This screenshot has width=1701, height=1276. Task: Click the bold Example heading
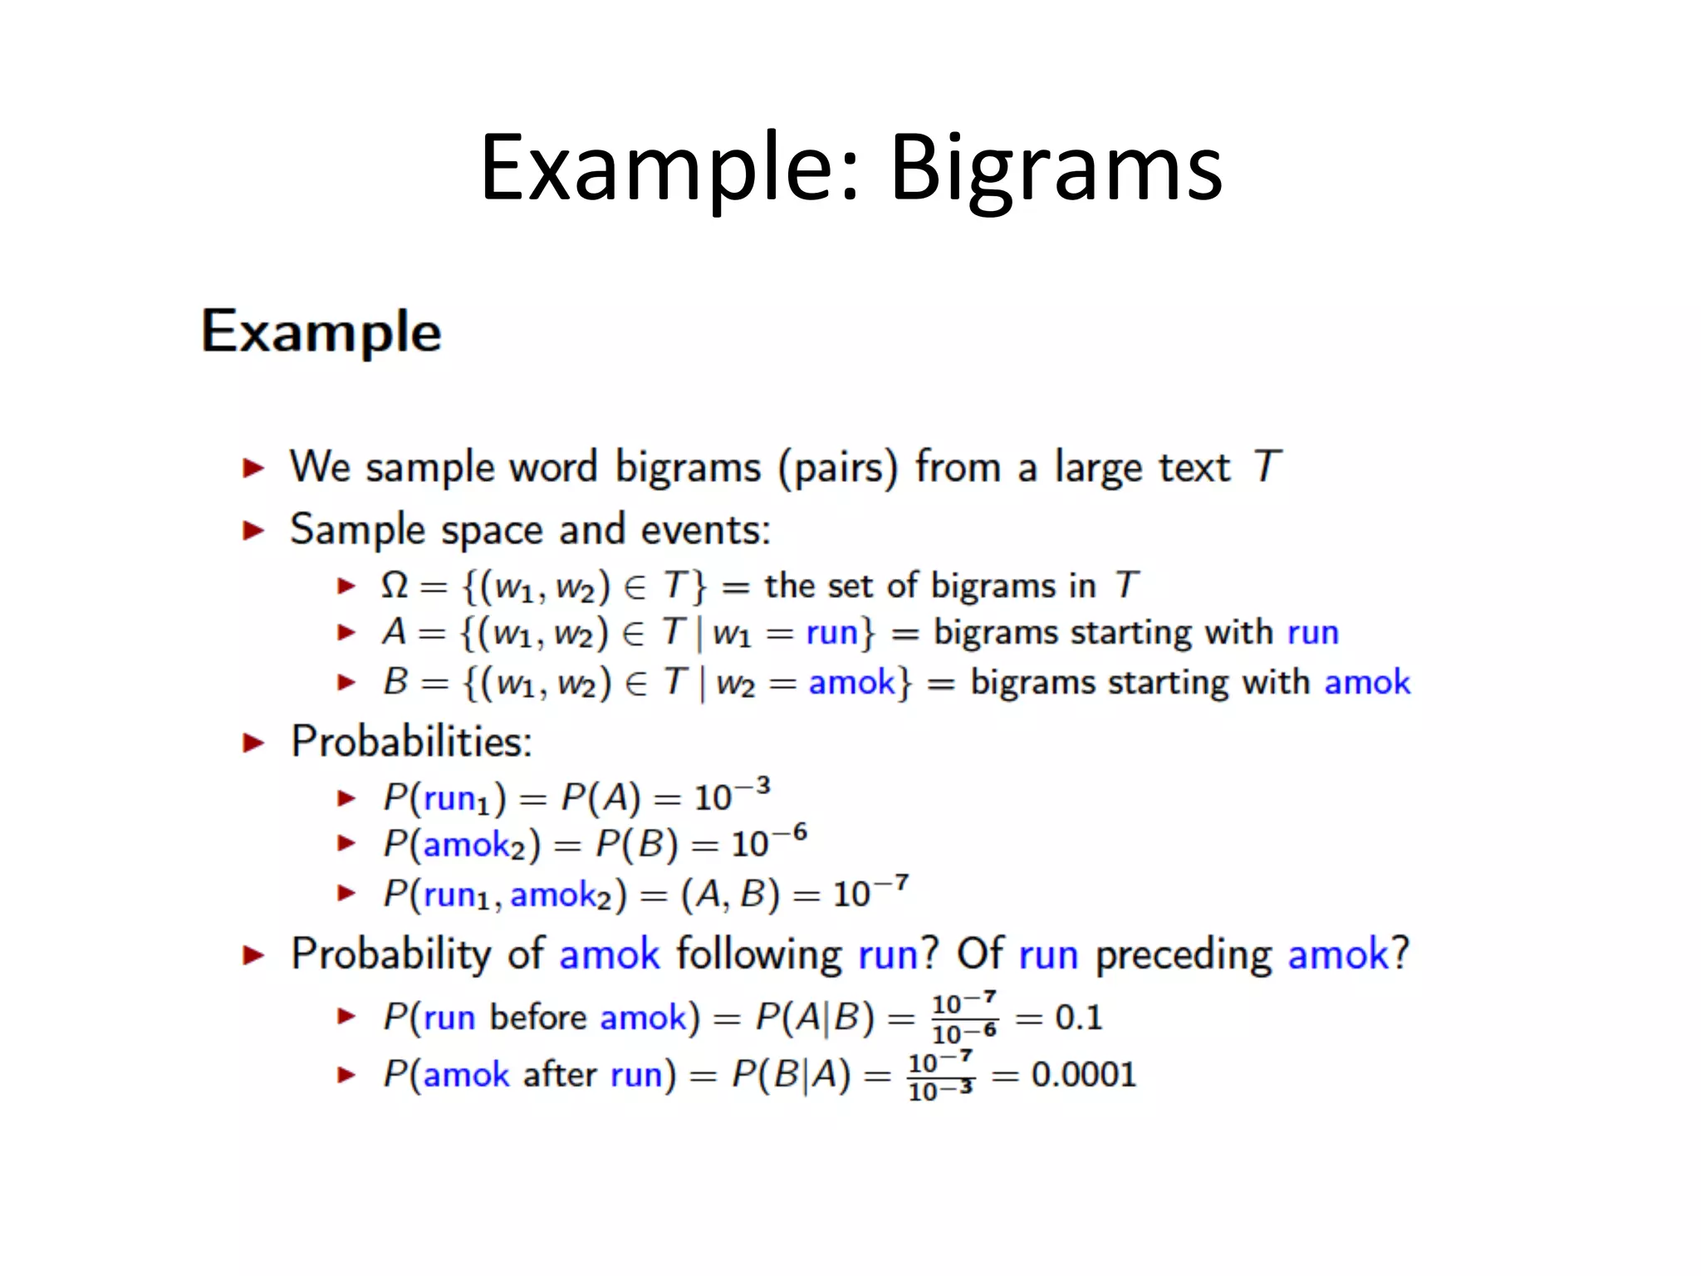[321, 331]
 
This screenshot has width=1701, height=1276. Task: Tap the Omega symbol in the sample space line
[394, 586]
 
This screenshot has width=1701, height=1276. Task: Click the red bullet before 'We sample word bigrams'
[253, 468]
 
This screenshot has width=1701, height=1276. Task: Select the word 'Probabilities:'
[411, 741]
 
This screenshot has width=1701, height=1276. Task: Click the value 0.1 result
[1078, 1018]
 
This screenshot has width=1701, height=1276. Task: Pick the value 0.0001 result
[1083, 1075]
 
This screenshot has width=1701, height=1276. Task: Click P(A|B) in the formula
[815, 1018]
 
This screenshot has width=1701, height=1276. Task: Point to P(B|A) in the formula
[791, 1075]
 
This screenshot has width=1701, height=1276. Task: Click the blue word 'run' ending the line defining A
[1313, 633]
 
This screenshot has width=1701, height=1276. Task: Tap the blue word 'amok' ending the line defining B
[1367, 683]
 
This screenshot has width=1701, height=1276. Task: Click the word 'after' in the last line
[560, 1075]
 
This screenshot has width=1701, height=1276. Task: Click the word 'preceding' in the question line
[1184, 955]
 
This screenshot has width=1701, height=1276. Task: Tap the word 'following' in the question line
[759, 955]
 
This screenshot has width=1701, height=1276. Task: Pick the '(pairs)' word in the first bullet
[837, 468]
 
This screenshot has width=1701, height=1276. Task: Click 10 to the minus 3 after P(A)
[732, 796]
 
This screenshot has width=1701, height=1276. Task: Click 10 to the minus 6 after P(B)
[768, 842]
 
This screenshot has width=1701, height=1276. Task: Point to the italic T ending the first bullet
[1267, 467]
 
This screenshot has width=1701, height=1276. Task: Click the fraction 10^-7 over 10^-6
[963, 1018]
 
